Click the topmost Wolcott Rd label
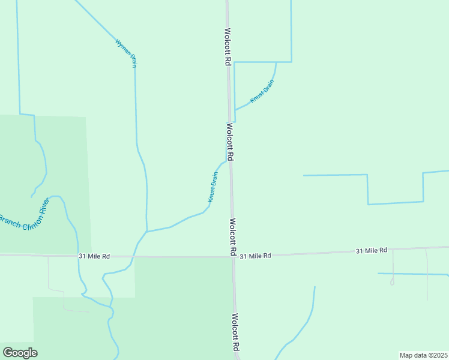click(x=228, y=46)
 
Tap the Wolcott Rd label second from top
click(x=230, y=142)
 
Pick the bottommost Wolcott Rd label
click(x=235, y=332)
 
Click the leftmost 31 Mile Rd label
click(x=94, y=256)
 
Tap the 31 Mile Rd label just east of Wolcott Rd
click(x=256, y=256)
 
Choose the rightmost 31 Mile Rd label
click(x=371, y=250)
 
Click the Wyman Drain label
click(x=125, y=53)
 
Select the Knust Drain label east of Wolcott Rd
click(x=262, y=92)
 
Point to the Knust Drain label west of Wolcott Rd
click(x=212, y=187)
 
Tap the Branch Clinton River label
click(x=23, y=223)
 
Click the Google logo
click(x=20, y=353)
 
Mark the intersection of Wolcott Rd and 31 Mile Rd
click(x=233, y=257)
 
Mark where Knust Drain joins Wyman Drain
click(x=147, y=232)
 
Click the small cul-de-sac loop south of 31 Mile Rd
click(x=392, y=281)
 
